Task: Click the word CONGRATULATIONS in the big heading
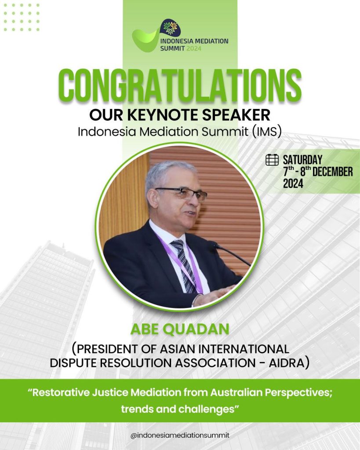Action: [x=180, y=85]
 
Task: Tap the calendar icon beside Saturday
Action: [x=272, y=160]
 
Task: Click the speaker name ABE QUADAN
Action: [x=180, y=329]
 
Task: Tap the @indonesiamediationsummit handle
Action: [x=180, y=435]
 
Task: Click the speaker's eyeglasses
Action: [x=182, y=194]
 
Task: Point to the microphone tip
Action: [x=215, y=245]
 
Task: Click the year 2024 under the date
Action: [x=293, y=184]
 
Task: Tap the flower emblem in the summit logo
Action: [x=171, y=28]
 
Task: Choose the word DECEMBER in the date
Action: [x=332, y=172]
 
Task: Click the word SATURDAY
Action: [x=302, y=160]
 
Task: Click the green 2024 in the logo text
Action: [x=194, y=48]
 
